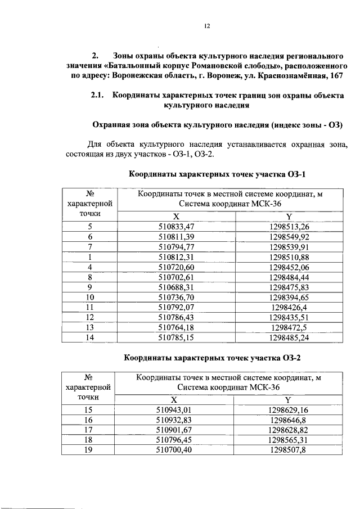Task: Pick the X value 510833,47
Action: (x=176, y=227)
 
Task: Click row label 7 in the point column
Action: (x=90, y=247)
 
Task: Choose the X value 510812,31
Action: (x=176, y=257)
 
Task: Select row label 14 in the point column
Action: (x=90, y=338)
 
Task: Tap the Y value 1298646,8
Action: (x=289, y=420)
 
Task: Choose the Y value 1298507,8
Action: (x=289, y=450)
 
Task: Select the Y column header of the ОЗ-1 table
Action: (x=289, y=217)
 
